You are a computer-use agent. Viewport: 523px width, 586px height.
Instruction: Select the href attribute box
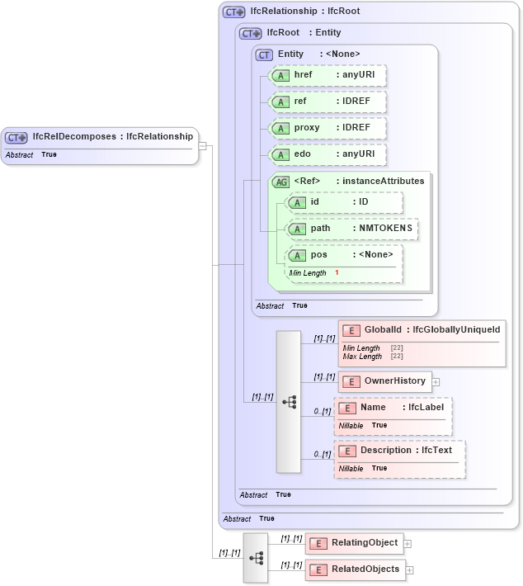point(327,75)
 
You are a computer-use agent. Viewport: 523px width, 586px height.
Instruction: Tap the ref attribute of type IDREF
point(327,102)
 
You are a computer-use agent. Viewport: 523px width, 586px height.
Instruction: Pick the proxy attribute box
point(327,129)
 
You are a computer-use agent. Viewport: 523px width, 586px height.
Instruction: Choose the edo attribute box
point(327,154)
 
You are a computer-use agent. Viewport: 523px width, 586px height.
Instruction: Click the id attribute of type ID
point(344,202)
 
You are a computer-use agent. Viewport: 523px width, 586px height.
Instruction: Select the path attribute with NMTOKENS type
point(351,229)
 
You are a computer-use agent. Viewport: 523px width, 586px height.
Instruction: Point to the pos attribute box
point(344,255)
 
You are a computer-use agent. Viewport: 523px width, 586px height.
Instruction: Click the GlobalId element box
point(422,330)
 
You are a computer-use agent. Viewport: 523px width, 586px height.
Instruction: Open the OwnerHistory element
point(384,381)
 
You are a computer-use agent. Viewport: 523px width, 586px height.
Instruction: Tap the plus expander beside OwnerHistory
point(436,382)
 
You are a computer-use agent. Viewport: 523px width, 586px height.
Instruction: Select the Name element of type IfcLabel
point(393,408)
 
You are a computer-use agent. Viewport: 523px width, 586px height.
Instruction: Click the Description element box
point(399,451)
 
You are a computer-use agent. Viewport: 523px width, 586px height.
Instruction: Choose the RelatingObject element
point(354,543)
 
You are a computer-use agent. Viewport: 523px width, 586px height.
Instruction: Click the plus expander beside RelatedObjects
point(410,570)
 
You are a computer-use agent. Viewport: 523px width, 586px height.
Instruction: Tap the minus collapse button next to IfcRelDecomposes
point(202,146)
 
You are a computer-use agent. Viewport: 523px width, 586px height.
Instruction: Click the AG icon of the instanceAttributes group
point(280,182)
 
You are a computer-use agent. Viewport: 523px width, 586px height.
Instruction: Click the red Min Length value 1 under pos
point(337,272)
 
